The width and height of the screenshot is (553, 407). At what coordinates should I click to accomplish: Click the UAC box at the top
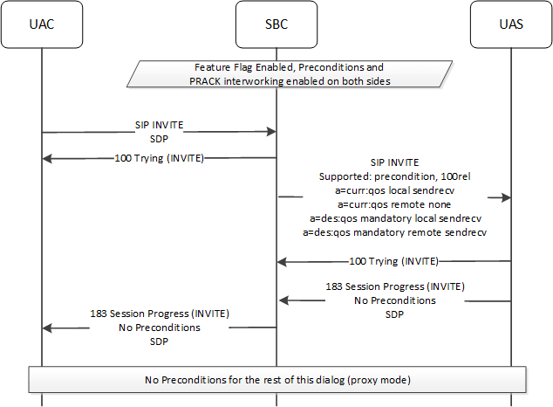click(x=41, y=24)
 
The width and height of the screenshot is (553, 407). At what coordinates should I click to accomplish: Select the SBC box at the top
click(x=276, y=24)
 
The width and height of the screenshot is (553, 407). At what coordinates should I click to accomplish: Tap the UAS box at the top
click(x=510, y=24)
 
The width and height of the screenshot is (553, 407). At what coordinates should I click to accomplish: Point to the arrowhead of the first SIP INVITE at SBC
click(x=271, y=132)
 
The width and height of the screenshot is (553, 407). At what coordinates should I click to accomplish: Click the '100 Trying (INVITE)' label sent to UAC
click(x=159, y=158)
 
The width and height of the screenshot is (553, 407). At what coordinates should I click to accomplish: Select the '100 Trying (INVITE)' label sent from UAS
click(x=393, y=260)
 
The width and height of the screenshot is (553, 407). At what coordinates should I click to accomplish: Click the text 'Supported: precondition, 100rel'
click(x=395, y=175)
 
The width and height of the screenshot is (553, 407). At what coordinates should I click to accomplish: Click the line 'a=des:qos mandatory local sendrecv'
click(x=395, y=217)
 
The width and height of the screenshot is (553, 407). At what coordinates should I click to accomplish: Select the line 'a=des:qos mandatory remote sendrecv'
click(x=395, y=232)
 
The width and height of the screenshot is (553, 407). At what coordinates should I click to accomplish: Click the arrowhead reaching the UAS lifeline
click(x=505, y=197)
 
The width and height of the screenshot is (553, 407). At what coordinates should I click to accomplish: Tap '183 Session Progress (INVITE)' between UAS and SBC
click(x=395, y=286)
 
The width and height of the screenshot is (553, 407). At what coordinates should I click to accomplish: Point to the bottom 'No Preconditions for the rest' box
click(x=276, y=379)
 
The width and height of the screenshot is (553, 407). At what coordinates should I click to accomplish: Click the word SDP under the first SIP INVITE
click(x=159, y=138)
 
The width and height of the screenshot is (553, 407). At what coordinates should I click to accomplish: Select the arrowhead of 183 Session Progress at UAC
click(x=47, y=328)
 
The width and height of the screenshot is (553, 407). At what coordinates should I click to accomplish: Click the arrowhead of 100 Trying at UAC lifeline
click(x=47, y=158)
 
